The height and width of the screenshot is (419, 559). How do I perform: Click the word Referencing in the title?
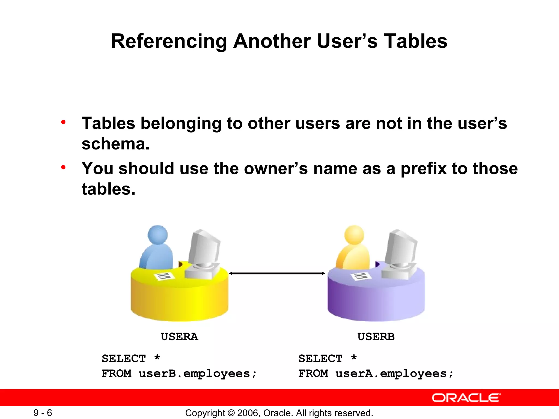point(169,41)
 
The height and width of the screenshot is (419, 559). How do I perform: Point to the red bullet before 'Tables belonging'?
point(63,122)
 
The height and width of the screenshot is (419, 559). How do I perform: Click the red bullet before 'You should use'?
point(63,167)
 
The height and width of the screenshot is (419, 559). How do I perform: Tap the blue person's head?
point(157,235)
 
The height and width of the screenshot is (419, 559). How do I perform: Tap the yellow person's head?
point(354,235)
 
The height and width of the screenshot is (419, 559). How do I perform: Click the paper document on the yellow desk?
point(164,276)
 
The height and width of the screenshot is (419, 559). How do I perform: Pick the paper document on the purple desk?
point(361,276)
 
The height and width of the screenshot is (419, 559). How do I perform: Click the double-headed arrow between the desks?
point(277,273)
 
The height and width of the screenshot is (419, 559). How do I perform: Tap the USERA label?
point(179,337)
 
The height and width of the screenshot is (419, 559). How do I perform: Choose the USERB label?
point(376,337)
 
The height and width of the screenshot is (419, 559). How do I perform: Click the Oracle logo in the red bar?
point(466,398)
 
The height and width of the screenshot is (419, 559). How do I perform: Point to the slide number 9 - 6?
point(43,412)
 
